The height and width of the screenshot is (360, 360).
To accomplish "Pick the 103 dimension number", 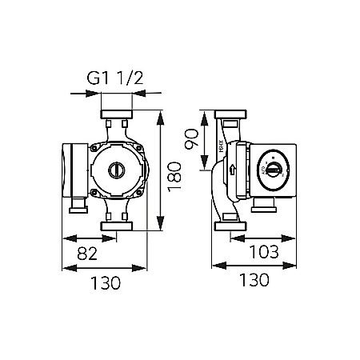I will pos(262,253).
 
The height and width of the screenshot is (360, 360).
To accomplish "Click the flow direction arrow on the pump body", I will pos(232,170).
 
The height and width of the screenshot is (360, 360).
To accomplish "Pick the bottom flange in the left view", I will pos(117,228).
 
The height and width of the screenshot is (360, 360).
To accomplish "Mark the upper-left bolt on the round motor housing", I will pos(98,150).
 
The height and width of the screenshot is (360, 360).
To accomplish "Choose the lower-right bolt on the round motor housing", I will pos(136,189).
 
